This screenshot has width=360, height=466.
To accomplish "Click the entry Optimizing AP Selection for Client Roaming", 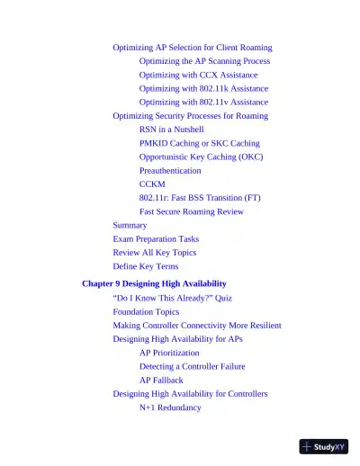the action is click(192, 47).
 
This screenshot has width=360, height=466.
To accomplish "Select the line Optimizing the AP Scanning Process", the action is click(204, 61).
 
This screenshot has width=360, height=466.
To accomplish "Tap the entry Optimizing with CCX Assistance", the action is click(198, 75).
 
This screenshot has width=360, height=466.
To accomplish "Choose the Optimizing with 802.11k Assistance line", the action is click(203, 89).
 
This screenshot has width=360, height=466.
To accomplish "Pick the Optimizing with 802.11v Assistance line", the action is click(203, 103).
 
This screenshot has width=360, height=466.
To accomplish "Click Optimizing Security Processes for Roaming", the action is click(190, 116).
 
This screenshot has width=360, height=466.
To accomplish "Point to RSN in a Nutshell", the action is click(171, 130).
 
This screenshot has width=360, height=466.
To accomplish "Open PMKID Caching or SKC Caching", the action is click(199, 143).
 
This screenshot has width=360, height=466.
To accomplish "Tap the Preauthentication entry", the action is click(170, 170).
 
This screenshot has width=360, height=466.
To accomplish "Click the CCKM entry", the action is click(152, 184).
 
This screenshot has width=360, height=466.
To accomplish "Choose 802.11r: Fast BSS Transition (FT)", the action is click(200, 198).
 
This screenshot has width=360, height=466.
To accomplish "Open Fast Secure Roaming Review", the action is click(191, 211).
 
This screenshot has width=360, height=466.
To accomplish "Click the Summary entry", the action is click(130, 225).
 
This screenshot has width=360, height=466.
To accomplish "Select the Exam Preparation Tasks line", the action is click(156, 239).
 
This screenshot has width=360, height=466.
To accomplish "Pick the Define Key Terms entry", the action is click(146, 266).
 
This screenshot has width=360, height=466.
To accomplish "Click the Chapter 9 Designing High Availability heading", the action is click(154, 283).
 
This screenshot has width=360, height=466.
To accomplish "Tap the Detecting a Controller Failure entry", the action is click(192, 366).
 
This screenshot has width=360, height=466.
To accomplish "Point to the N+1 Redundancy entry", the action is click(170, 408).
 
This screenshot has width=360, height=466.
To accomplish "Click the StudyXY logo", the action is click(324, 446).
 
